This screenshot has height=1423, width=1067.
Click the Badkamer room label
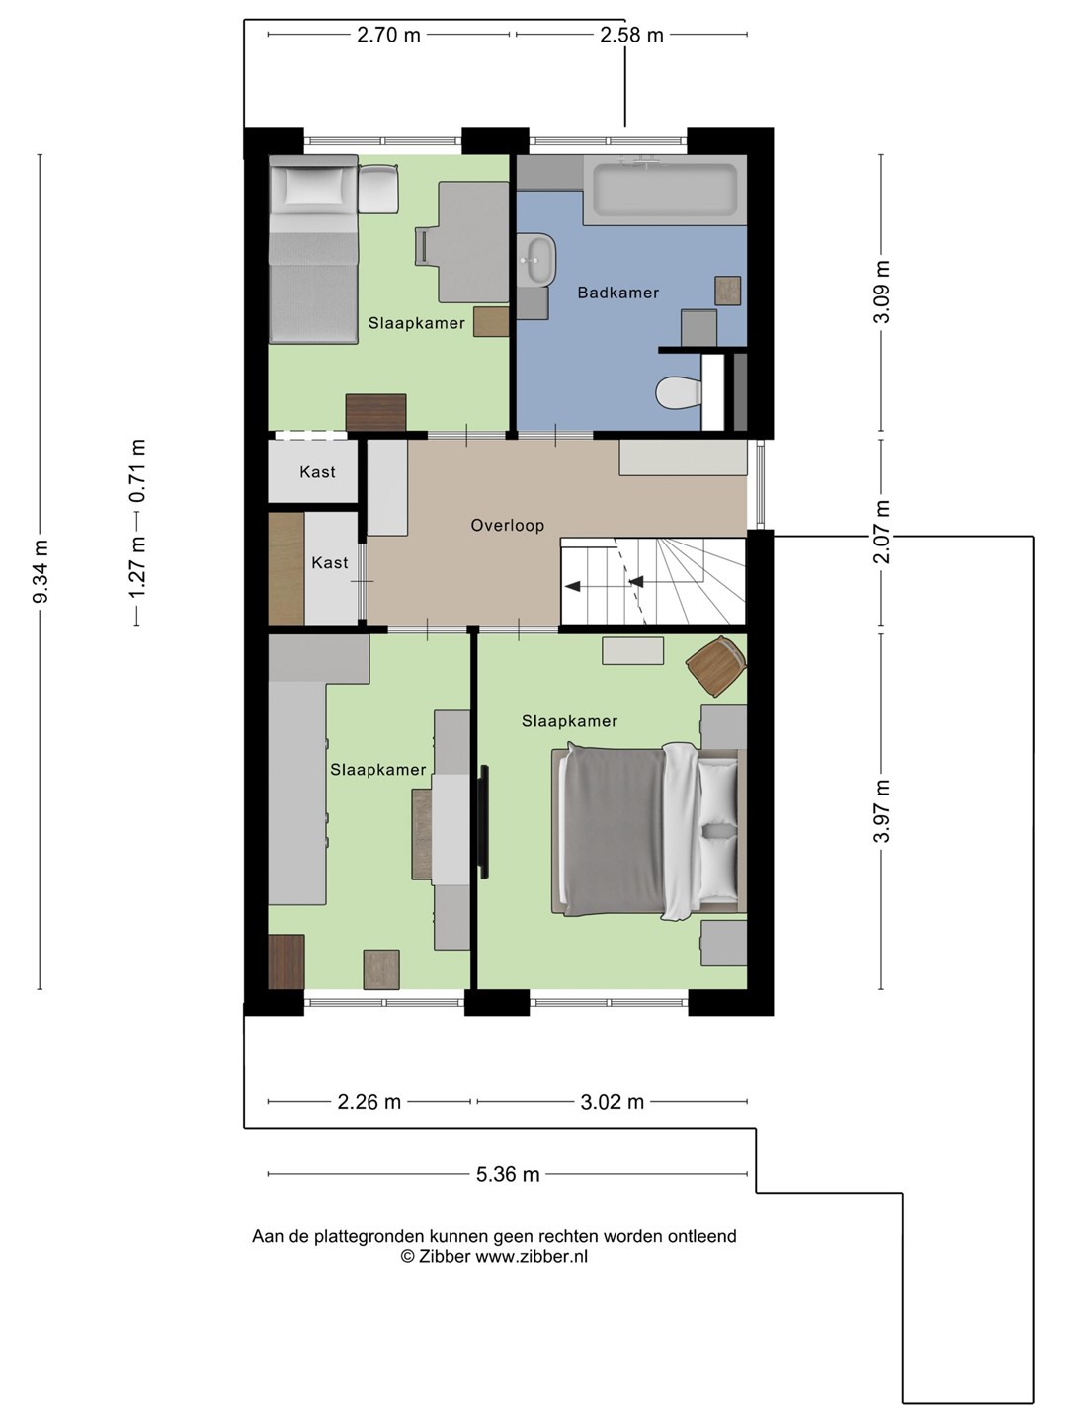point(617,293)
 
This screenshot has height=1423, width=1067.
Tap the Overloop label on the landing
point(507,525)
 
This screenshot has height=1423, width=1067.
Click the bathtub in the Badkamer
point(665,190)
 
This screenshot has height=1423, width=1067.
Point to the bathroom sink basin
point(537,259)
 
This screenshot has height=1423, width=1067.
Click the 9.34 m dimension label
point(41,570)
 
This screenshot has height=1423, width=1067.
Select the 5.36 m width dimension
point(508,1174)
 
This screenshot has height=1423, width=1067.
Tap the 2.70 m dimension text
point(388,35)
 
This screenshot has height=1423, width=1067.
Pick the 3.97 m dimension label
point(881,810)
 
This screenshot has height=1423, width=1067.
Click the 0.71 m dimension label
point(137,471)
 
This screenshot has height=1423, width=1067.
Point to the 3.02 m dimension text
point(613,1102)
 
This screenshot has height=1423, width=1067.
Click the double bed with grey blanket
point(648,833)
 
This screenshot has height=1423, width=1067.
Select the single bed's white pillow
point(313,185)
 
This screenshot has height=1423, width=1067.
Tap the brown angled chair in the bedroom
point(716,666)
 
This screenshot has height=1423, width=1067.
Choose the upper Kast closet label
point(317,472)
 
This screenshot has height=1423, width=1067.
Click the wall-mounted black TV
point(484,821)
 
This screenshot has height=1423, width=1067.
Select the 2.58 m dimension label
point(631,35)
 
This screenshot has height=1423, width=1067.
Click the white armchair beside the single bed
point(378,188)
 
